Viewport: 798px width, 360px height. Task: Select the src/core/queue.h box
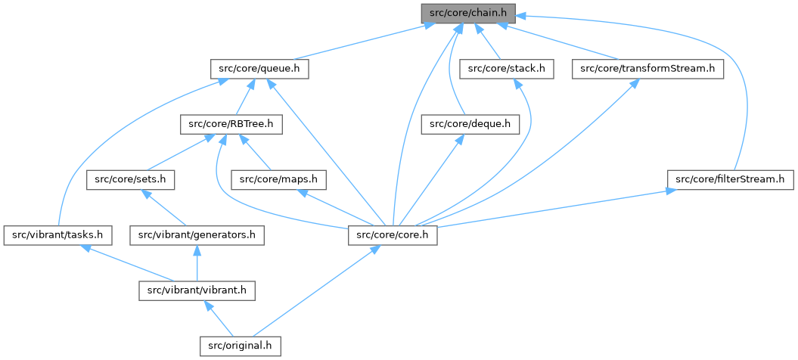259,69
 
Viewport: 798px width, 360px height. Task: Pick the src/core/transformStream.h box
647,69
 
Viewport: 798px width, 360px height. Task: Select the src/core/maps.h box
278,180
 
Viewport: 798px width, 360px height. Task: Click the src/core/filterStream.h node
730,180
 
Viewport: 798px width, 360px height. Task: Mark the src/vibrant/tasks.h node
57,235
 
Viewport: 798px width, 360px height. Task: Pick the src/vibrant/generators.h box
197,235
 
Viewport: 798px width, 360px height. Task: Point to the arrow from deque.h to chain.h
451,76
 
